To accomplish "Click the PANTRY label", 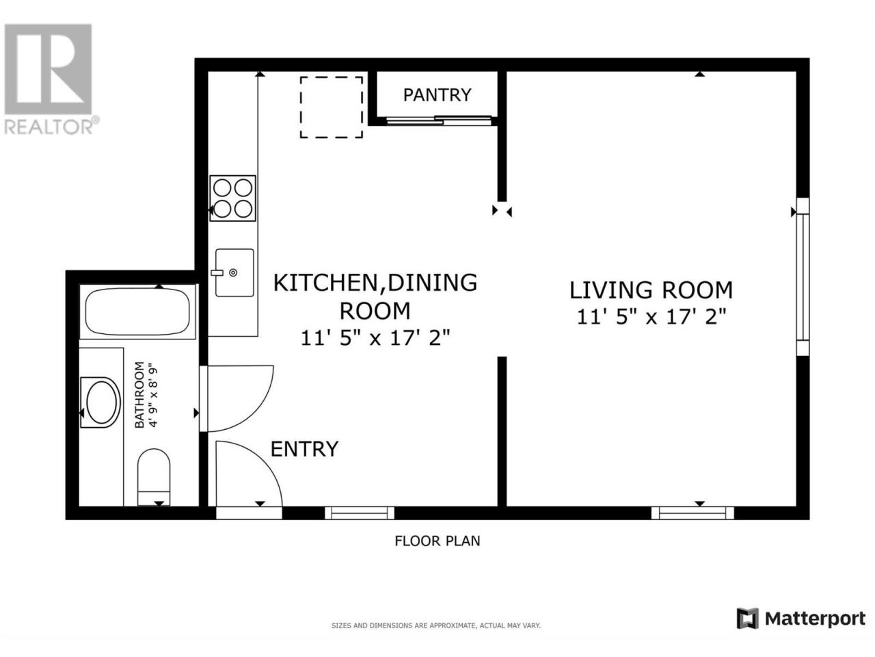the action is coord(437,95).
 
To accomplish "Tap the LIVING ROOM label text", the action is coord(651,290).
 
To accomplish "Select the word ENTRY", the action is coord(304,449).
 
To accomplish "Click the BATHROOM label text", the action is coord(139,394).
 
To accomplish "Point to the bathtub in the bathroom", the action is coord(137,312).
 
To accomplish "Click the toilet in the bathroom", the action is coord(154,477).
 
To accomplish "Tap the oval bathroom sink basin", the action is coord(101,402).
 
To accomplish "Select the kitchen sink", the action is coord(234,273).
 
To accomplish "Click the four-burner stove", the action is coord(233,198).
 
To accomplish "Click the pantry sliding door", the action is coord(438,120).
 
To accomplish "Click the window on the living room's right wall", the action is coord(803,276).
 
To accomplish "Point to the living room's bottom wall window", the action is coord(692,513).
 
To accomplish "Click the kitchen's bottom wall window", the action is coord(360,513).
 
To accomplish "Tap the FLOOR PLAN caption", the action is coord(437,541).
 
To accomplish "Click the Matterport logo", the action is coord(801,619).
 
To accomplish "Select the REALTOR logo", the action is coord(51,79).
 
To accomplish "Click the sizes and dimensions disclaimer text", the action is coord(435,626).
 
